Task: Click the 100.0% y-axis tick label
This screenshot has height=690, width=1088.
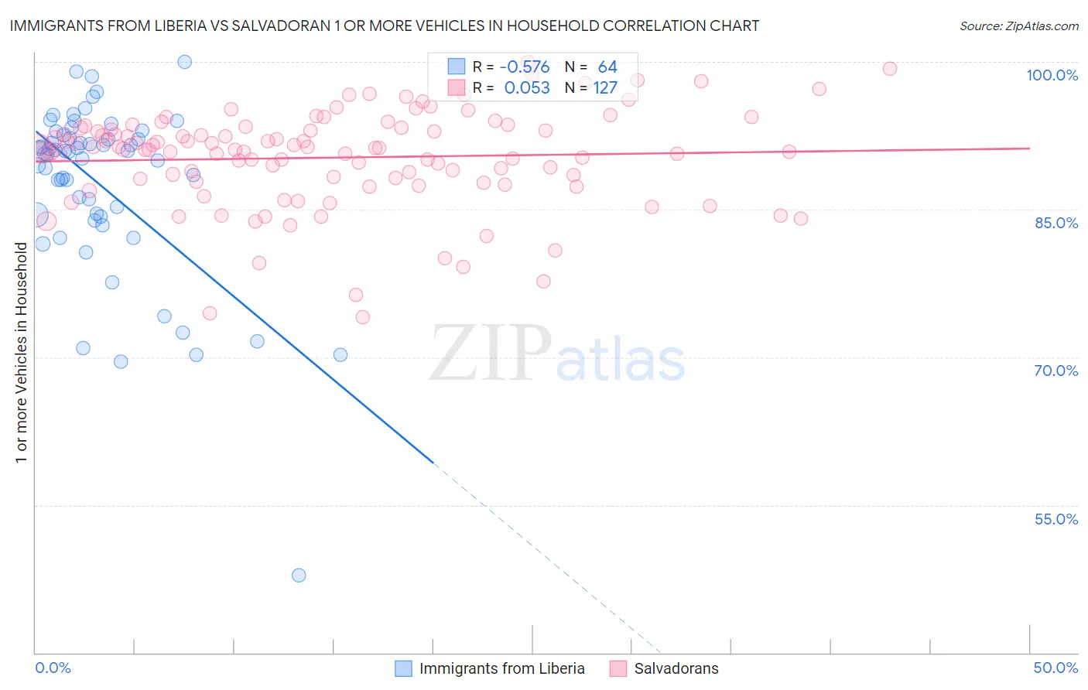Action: click(1052, 75)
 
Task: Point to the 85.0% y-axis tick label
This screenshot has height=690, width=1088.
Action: click(1056, 223)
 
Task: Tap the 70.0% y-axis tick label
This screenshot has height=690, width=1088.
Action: click(1056, 371)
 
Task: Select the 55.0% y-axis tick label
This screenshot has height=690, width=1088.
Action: click(1056, 519)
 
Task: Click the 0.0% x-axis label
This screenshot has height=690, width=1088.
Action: click(53, 668)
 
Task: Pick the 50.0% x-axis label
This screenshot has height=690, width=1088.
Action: click(1055, 668)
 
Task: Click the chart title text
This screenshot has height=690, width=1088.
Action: click(384, 26)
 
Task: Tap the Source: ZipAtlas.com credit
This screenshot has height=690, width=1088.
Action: click(1018, 26)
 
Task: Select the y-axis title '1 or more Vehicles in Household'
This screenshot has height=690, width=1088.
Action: click(21, 353)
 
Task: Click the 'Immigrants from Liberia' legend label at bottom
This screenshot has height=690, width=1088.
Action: click(501, 668)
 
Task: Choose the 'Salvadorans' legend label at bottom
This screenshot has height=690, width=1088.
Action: click(676, 668)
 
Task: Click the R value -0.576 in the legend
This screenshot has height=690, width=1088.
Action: click(525, 67)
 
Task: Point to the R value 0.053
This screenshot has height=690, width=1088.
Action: click(527, 88)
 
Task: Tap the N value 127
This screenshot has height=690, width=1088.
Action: click(605, 88)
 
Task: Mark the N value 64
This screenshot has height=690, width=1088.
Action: click(607, 67)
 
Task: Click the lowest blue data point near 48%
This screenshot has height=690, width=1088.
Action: click(299, 576)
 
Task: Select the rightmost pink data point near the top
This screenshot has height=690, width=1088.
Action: click(890, 69)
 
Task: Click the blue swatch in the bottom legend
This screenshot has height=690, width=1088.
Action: click(403, 668)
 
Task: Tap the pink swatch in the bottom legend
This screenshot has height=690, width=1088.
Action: click(618, 668)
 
